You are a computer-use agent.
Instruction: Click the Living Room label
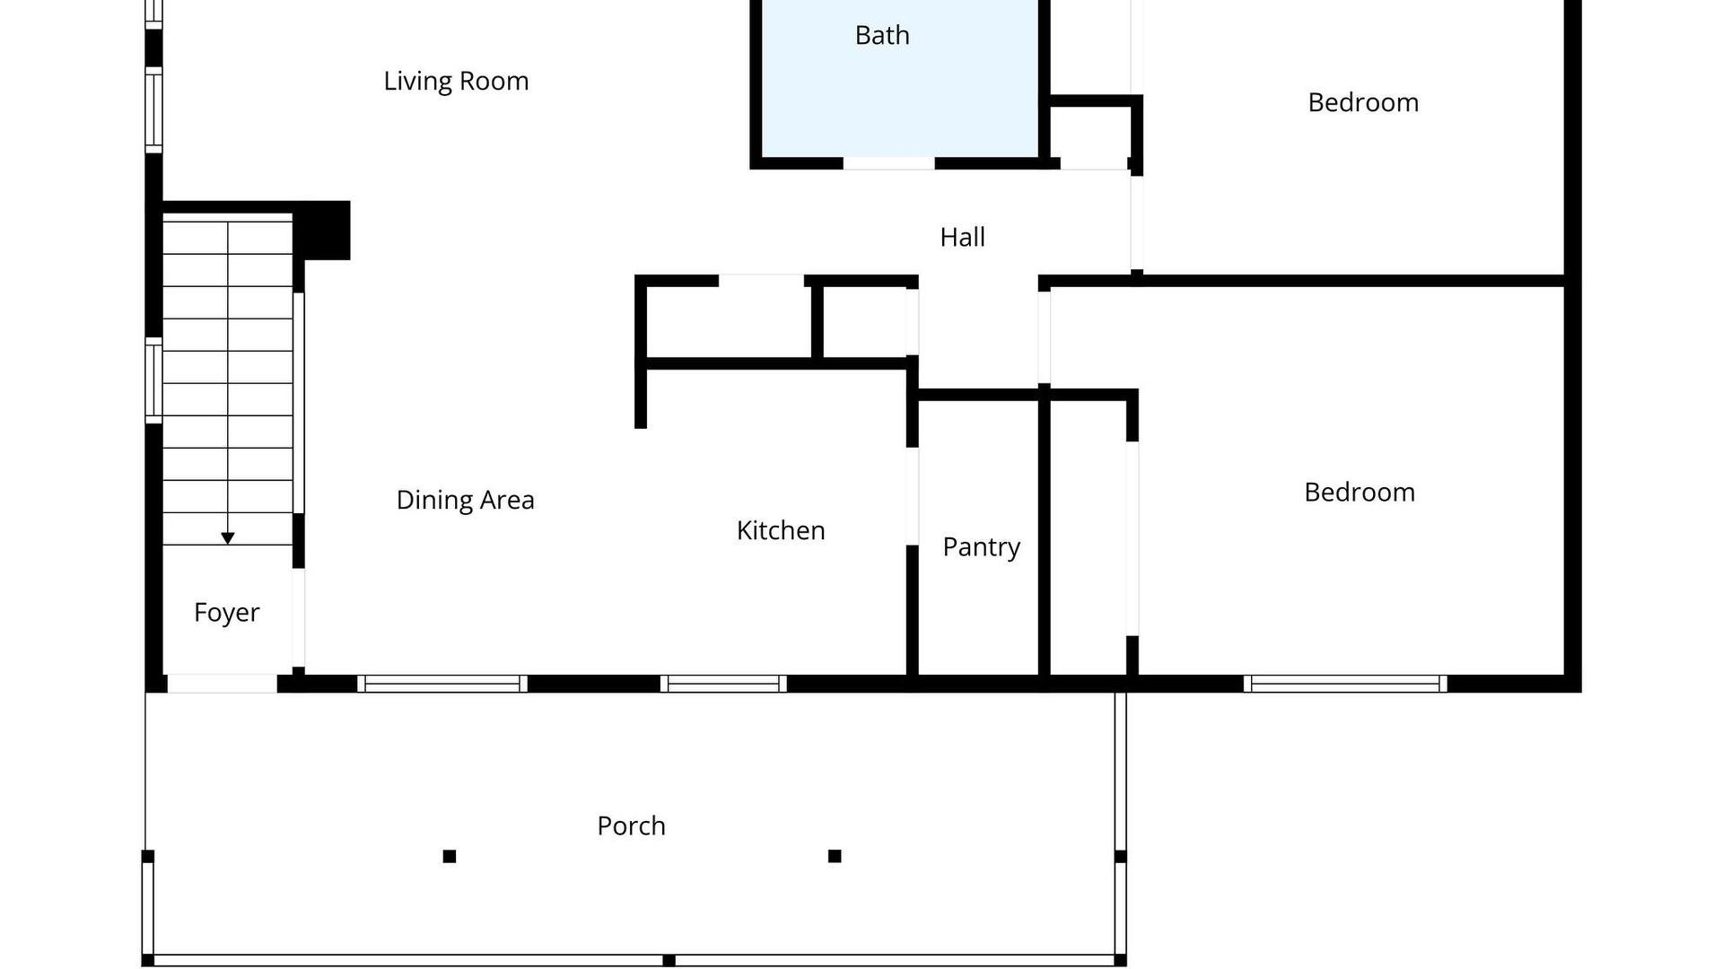point(456,82)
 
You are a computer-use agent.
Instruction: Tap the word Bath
point(882,35)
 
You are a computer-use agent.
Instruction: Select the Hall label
point(962,237)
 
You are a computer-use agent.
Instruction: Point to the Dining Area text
point(465,500)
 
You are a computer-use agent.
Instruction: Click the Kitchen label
point(780,530)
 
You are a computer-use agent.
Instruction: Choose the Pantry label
point(981,547)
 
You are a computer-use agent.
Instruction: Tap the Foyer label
point(226,613)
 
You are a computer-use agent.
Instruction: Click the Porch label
point(631,825)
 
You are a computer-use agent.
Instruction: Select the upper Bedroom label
point(1363,102)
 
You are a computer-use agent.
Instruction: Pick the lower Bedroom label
point(1360,492)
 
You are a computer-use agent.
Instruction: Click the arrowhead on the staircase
point(228,538)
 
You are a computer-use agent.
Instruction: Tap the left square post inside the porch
point(450,856)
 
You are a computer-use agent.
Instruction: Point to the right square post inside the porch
point(835,856)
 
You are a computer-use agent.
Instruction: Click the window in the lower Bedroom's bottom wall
point(1345,684)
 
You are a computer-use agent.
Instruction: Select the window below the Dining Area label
point(442,684)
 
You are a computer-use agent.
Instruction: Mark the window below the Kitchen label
point(723,684)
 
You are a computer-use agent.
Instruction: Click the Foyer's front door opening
point(223,684)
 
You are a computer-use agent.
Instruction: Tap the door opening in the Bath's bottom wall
point(888,163)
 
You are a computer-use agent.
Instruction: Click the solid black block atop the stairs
point(321,231)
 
